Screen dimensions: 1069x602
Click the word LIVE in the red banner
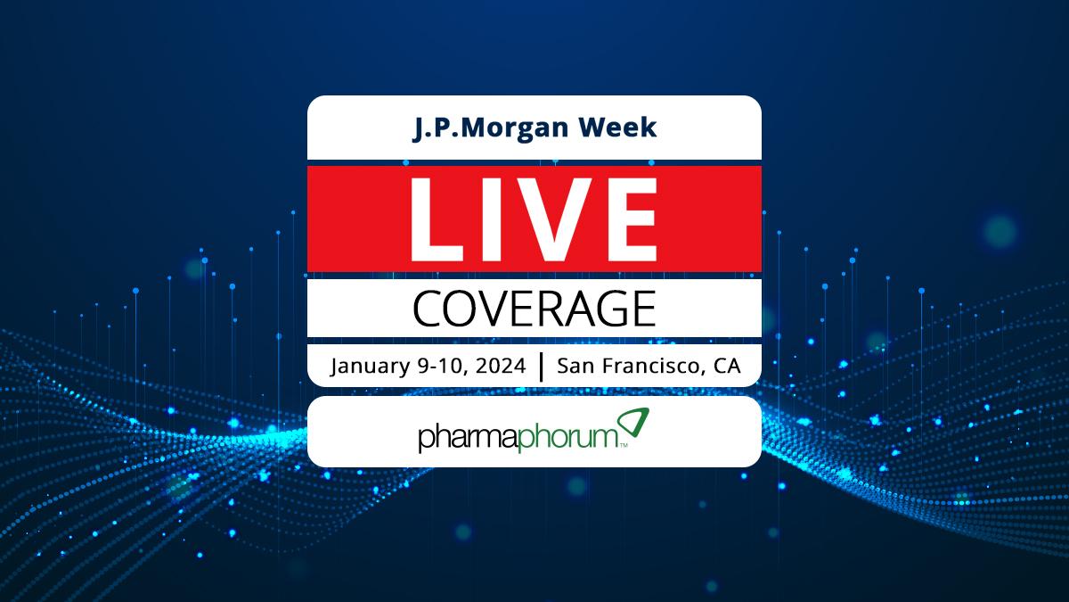coord(534,219)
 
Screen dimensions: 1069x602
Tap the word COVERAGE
coord(534,309)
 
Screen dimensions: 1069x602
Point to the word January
coord(370,367)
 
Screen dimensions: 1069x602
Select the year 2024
coord(501,366)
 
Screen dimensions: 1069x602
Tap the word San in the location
coord(575,366)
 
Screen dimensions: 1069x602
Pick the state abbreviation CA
coord(727,366)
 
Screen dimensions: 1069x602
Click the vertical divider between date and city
coord(542,367)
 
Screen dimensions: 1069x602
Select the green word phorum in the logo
coord(568,438)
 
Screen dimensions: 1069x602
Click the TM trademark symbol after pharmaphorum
coord(624,446)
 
